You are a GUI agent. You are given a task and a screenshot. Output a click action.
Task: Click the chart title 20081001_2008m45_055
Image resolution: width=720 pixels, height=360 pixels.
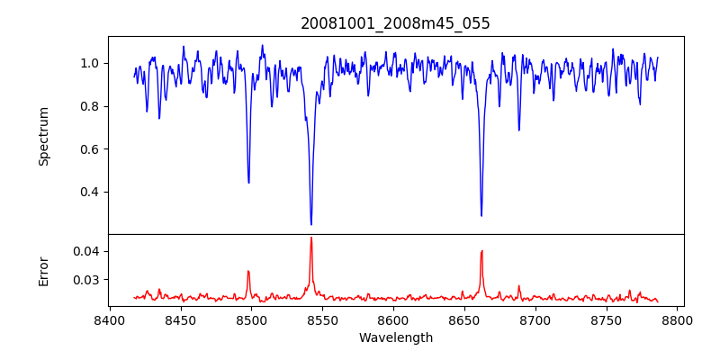pyautogui.click(x=395, y=23)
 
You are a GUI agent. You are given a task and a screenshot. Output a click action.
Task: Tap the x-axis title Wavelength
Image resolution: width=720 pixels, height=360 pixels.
pyautogui.click(x=395, y=338)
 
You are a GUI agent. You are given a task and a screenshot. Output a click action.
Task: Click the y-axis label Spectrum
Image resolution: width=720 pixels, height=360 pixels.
pyautogui.click(x=43, y=136)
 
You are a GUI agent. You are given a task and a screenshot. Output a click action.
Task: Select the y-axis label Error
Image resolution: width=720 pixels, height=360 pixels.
pyautogui.click(x=43, y=270)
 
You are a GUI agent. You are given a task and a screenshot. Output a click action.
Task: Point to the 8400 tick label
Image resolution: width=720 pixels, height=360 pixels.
pyautogui.click(x=109, y=320)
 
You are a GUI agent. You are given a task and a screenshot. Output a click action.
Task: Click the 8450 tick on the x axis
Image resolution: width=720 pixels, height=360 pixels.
pyautogui.click(x=180, y=320)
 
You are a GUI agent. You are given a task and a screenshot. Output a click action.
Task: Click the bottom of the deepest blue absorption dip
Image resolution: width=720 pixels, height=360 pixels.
pyautogui.click(x=311, y=224)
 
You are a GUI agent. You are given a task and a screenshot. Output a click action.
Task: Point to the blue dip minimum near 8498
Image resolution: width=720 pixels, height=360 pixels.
pyautogui.click(x=248, y=183)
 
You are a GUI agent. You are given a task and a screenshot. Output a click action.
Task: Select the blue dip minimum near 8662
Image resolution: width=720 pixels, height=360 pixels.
pyautogui.click(x=481, y=215)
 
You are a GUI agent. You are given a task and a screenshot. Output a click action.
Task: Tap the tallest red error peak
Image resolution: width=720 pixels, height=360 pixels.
pyautogui.click(x=311, y=238)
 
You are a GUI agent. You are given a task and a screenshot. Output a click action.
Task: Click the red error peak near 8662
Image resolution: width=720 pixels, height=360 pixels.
pyautogui.click(x=481, y=251)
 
